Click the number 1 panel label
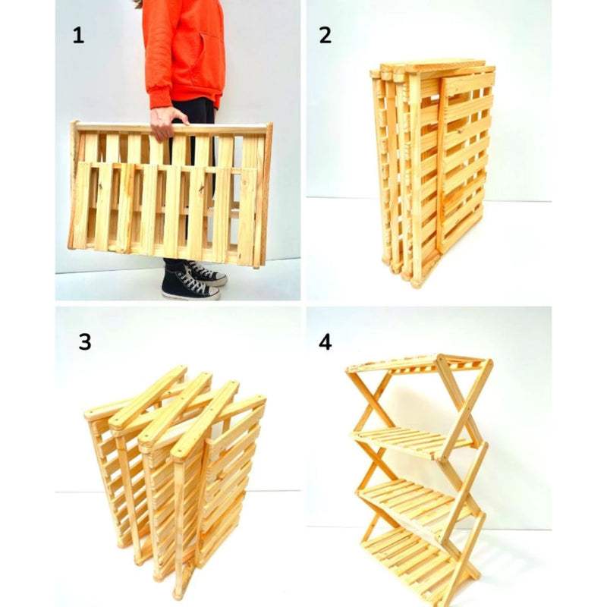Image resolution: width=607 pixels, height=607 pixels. click(x=77, y=35)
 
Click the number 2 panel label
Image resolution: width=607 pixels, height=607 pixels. click(x=326, y=35)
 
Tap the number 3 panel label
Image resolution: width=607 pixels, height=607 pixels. click(x=84, y=341)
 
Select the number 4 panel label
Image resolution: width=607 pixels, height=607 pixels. click(x=326, y=341)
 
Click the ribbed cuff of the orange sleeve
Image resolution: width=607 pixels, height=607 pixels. click(x=161, y=99)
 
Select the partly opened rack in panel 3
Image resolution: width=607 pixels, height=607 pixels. click(x=175, y=470)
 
